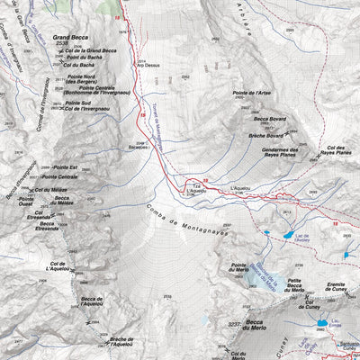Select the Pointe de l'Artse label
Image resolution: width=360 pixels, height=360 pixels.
point(252,94)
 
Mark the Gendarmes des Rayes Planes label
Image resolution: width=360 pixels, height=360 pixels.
point(281,152)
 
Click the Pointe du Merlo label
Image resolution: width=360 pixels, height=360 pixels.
point(238,266)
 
